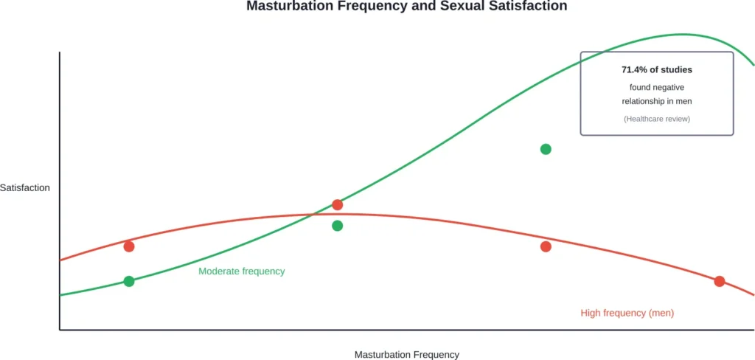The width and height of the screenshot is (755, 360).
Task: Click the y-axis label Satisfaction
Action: click(x=25, y=187)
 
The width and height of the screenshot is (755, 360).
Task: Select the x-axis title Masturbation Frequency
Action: click(x=406, y=355)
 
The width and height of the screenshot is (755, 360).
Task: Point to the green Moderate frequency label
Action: click(x=241, y=271)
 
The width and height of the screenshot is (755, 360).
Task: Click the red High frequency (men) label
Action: click(x=627, y=314)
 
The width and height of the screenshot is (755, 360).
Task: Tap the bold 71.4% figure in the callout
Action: click(x=636, y=70)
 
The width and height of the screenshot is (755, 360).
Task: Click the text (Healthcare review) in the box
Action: click(x=657, y=119)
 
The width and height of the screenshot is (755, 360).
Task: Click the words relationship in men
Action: click(x=657, y=101)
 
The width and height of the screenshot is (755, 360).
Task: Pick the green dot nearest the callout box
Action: click(x=546, y=149)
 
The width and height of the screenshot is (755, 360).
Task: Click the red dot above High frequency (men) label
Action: click(x=720, y=281)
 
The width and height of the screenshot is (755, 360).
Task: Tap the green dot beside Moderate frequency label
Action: click(x=129, y=281)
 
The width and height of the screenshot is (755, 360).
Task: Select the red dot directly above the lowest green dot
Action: click(x=129, y=246)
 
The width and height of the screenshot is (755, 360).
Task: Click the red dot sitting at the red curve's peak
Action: click(x=337, y=204)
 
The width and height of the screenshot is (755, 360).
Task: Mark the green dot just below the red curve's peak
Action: click(x=337, y=226)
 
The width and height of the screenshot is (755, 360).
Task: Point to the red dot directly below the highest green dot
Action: click(x=546, y=246)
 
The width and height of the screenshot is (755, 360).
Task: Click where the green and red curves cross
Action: click(x=316, y=214)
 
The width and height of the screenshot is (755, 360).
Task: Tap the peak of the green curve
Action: click(x=682, y=34)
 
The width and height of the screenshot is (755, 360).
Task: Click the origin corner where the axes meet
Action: click(x=60, y=330)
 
